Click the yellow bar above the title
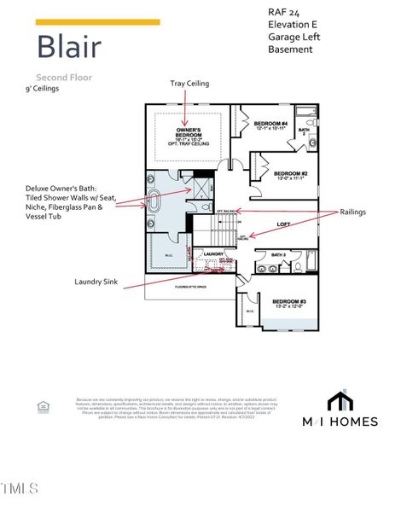pos(97,21)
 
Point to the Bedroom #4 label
pos(271,125)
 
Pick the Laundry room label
pos(212,253)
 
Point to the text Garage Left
pos(292,37)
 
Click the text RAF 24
pos(282,13)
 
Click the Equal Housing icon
pos(44,407)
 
